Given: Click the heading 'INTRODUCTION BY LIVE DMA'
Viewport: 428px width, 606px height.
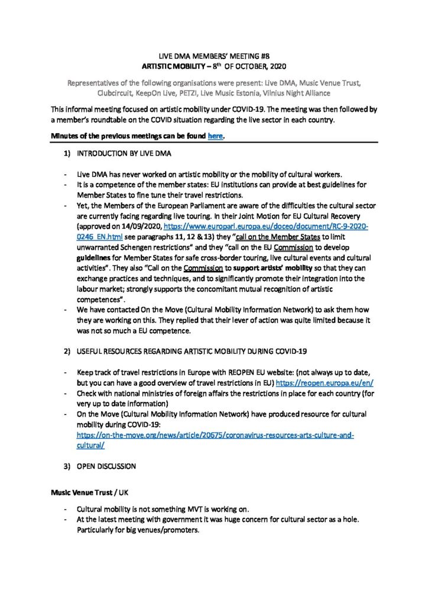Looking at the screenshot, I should [x=124, y=154].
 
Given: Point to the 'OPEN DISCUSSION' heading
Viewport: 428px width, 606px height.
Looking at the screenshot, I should [x=106, y=466].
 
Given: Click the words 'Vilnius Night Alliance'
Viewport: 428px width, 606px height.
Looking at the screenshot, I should [x=287, y=93].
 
